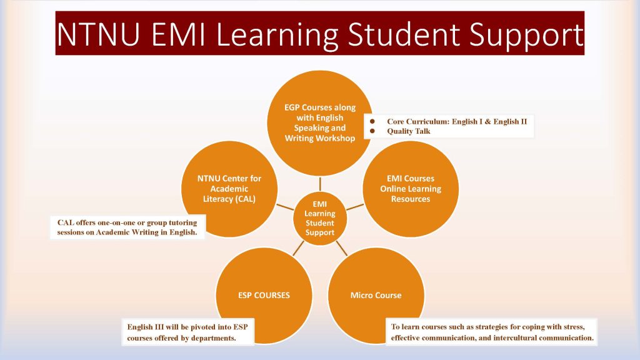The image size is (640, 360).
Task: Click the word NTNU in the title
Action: pos(98,34)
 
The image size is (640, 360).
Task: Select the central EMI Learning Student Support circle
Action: pos(320,218)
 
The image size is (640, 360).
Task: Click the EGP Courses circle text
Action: pos(320,123)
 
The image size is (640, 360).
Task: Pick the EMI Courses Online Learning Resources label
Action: pos(411,189)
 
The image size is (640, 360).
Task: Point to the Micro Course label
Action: pos(376,295)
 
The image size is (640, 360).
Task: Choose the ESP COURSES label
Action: pos(264,295)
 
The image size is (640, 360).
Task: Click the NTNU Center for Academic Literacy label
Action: pos(229,189)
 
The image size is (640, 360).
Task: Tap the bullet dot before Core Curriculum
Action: pos(372,121)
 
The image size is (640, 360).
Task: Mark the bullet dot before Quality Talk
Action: pos(372,131)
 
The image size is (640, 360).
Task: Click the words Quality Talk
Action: pos(409,131)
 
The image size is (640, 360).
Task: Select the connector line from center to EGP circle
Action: pos(320,184)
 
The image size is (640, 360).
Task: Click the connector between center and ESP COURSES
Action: pos(298,248)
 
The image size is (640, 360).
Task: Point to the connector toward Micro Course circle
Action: pos(342,248)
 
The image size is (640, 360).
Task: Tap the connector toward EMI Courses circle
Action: pos(355,207)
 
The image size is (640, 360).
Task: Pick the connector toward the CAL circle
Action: pos(285,207)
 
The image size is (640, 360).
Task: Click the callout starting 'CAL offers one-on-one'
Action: pos(127,227)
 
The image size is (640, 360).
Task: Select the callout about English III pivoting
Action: pos(187,332)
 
